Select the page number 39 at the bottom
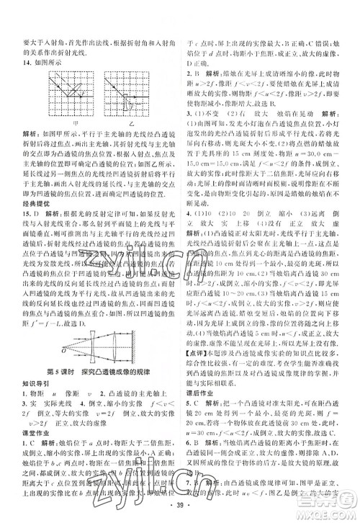pyautogui.click(x=180, y=516)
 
